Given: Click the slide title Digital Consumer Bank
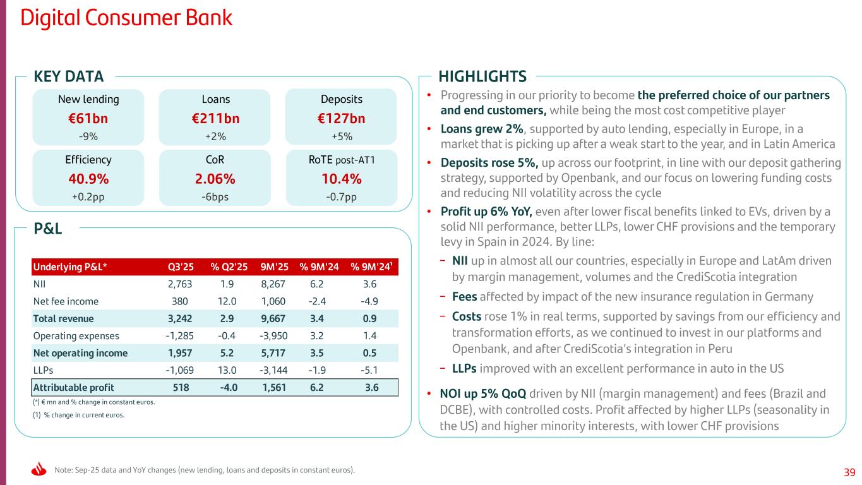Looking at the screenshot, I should coord(126,18).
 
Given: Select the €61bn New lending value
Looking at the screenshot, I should coord(88,118).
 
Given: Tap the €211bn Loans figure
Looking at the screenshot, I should coord(215,118).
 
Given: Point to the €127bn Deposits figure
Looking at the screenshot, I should coord(341,118).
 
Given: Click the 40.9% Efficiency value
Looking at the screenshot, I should coord(88,179).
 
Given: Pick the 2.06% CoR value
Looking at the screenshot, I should coord(215,179).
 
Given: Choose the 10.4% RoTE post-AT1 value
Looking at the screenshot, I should coord(341,179).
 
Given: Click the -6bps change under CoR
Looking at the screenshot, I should coord(215,196).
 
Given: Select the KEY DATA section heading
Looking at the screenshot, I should coord(68,77).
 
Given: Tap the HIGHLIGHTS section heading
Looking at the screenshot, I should coord(482,77).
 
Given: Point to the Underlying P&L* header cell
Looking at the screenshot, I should coord(69,266).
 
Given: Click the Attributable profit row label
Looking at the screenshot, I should coord(73,387).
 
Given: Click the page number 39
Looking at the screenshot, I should coord(849,472).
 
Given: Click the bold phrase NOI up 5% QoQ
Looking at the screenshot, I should coord(482,394).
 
